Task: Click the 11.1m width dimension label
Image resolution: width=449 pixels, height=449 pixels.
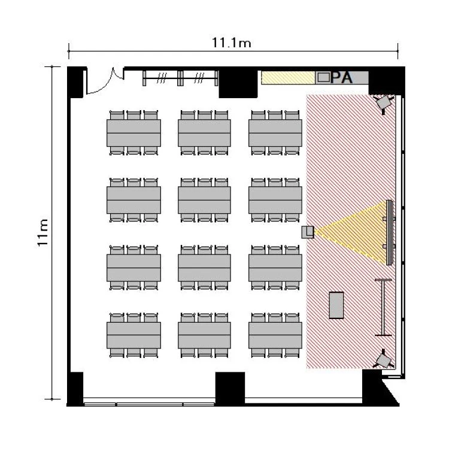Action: point(231,43)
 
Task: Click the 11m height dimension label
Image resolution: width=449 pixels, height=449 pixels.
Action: point(43,232)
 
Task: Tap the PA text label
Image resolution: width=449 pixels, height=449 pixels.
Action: point(341,77)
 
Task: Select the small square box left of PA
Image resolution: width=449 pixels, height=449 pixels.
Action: point(323,77)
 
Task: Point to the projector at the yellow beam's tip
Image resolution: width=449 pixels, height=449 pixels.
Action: point(308,232)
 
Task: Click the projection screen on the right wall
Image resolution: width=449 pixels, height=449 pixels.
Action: point(389,232)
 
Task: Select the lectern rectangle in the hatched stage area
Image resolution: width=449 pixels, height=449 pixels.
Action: point(336,305)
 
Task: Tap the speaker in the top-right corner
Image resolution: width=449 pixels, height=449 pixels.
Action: point(384,102)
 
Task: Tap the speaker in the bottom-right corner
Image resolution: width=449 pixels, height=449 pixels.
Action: point(384,359)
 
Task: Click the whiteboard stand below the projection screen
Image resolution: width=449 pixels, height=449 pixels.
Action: point(383,307)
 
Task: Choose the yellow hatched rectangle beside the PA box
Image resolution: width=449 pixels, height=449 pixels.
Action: point(288,78)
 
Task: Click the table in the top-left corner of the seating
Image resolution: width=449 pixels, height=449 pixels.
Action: point(134,133)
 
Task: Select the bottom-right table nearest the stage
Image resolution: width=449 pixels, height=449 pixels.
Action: point(275,335)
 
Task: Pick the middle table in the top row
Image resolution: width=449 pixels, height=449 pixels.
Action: point(205,133)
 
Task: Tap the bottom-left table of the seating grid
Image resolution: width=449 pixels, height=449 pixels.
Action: point(134,335)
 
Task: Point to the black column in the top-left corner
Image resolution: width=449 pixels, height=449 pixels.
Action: point(76,82)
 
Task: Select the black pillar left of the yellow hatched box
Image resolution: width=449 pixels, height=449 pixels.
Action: point(238,83)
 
